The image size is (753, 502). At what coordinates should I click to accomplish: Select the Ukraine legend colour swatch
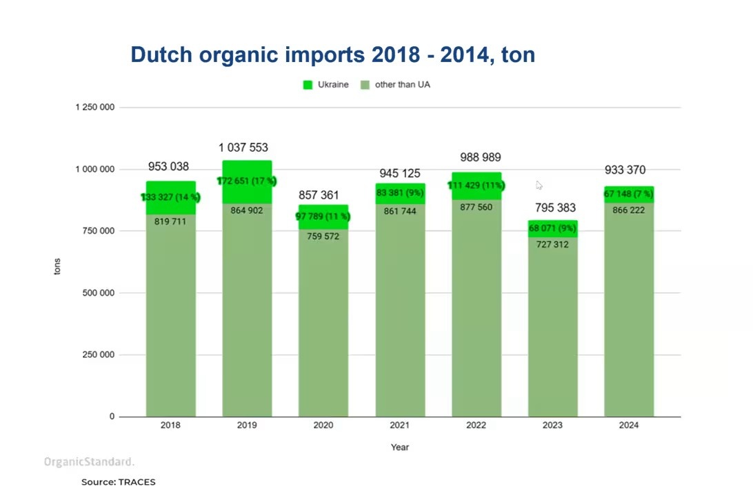308,85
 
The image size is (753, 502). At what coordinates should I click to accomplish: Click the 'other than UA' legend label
402,85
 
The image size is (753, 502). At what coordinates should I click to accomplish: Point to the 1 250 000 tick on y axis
95,108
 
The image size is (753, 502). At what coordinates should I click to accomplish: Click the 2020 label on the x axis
323,425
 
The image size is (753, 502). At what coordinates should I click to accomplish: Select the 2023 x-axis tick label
552,425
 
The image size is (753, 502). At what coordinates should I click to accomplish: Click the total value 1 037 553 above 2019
243,148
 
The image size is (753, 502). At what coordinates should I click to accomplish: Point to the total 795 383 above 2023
555,208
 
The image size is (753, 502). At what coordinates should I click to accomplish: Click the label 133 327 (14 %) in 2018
171,198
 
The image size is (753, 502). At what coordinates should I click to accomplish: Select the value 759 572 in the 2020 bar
323,237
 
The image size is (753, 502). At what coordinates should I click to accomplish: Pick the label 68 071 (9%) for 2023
552,228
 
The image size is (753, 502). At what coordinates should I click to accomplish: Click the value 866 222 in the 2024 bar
628,210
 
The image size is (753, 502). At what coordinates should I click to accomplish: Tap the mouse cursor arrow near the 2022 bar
539,185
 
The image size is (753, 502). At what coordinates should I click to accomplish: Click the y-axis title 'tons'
57,266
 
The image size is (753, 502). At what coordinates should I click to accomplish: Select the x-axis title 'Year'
400,448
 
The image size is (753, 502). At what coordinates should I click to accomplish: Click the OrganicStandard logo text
89,462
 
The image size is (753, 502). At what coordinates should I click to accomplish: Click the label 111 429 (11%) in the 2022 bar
476,185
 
